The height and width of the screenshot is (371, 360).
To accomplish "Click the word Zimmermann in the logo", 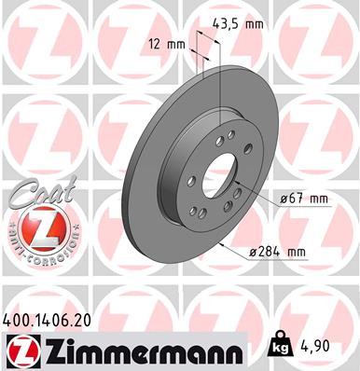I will pos(140,350).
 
